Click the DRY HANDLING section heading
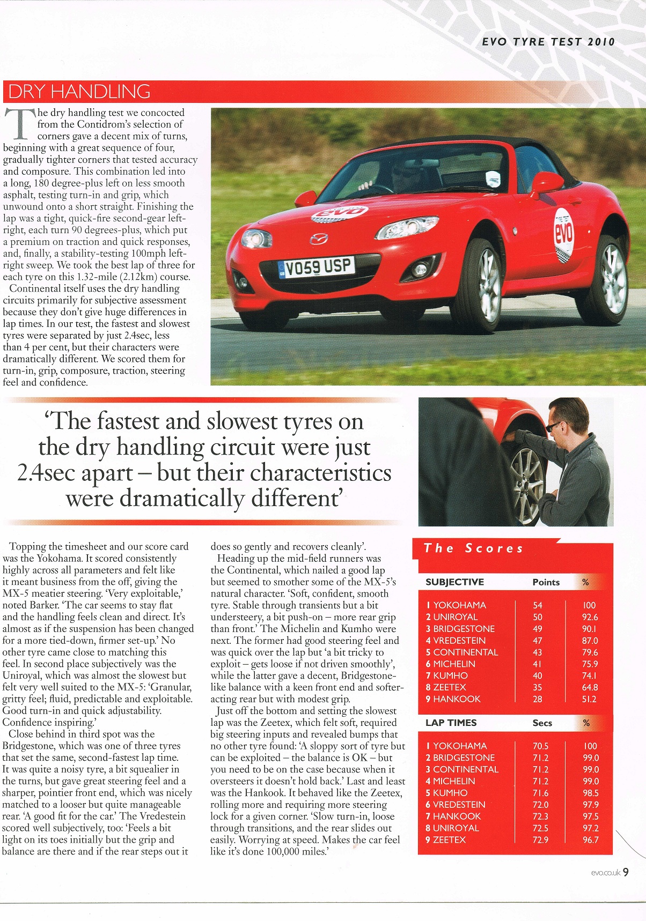click(79, 92)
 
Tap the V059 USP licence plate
click(318, 267)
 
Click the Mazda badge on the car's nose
click(319, 238)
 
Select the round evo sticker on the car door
click(563, 234)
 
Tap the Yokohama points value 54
click(538, 605)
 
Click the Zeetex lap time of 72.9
click(540, 840)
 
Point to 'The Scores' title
click(473, 548)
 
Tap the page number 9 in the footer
click(626, 872)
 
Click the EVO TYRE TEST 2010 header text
click(548, 42)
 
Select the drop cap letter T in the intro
click(19, 124)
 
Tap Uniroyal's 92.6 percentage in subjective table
click(590, 617)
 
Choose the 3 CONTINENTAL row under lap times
click(462, 769)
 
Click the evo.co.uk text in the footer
click(605, 873)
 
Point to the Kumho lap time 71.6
click(540, 793)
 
